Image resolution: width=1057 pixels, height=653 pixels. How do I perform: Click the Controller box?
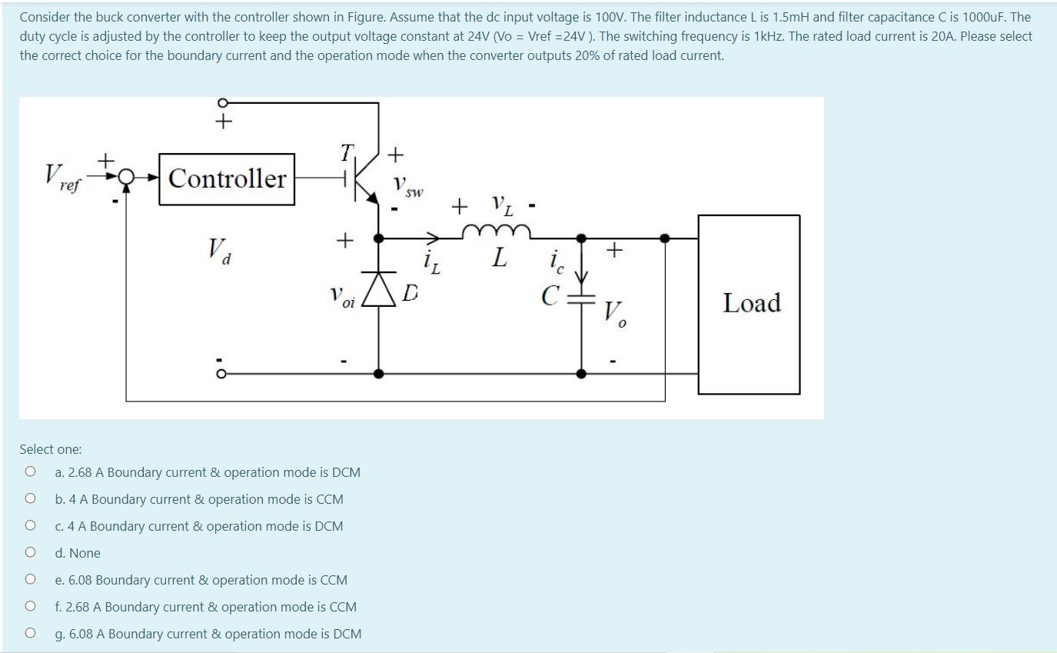(227, 179)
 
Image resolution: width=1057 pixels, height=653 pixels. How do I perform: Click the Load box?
(749, 304)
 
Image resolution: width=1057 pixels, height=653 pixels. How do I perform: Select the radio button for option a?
(30, 471)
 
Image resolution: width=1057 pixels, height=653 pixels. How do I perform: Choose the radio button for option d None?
(30, 552)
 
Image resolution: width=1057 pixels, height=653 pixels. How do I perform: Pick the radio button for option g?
(30, 633)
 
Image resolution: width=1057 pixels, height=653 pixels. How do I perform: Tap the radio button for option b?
(30, 498)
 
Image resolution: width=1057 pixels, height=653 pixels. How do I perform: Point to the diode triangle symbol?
(379, 289)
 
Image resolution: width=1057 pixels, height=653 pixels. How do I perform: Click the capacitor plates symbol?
(581, 299)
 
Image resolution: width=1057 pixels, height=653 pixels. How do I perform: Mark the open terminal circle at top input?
(224, 102)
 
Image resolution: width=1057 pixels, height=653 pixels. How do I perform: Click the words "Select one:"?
(51, 449)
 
